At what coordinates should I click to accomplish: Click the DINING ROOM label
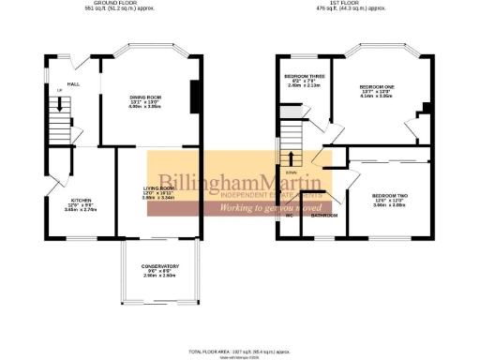[146, 97]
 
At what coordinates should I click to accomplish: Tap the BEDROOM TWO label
[389, 195]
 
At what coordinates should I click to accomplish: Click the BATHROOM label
[324, 216]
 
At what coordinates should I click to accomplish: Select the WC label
[290, 216]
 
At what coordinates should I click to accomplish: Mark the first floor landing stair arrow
[292, 159]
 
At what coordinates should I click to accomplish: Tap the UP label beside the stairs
[58, 90]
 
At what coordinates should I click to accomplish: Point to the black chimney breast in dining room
[194, 97]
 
